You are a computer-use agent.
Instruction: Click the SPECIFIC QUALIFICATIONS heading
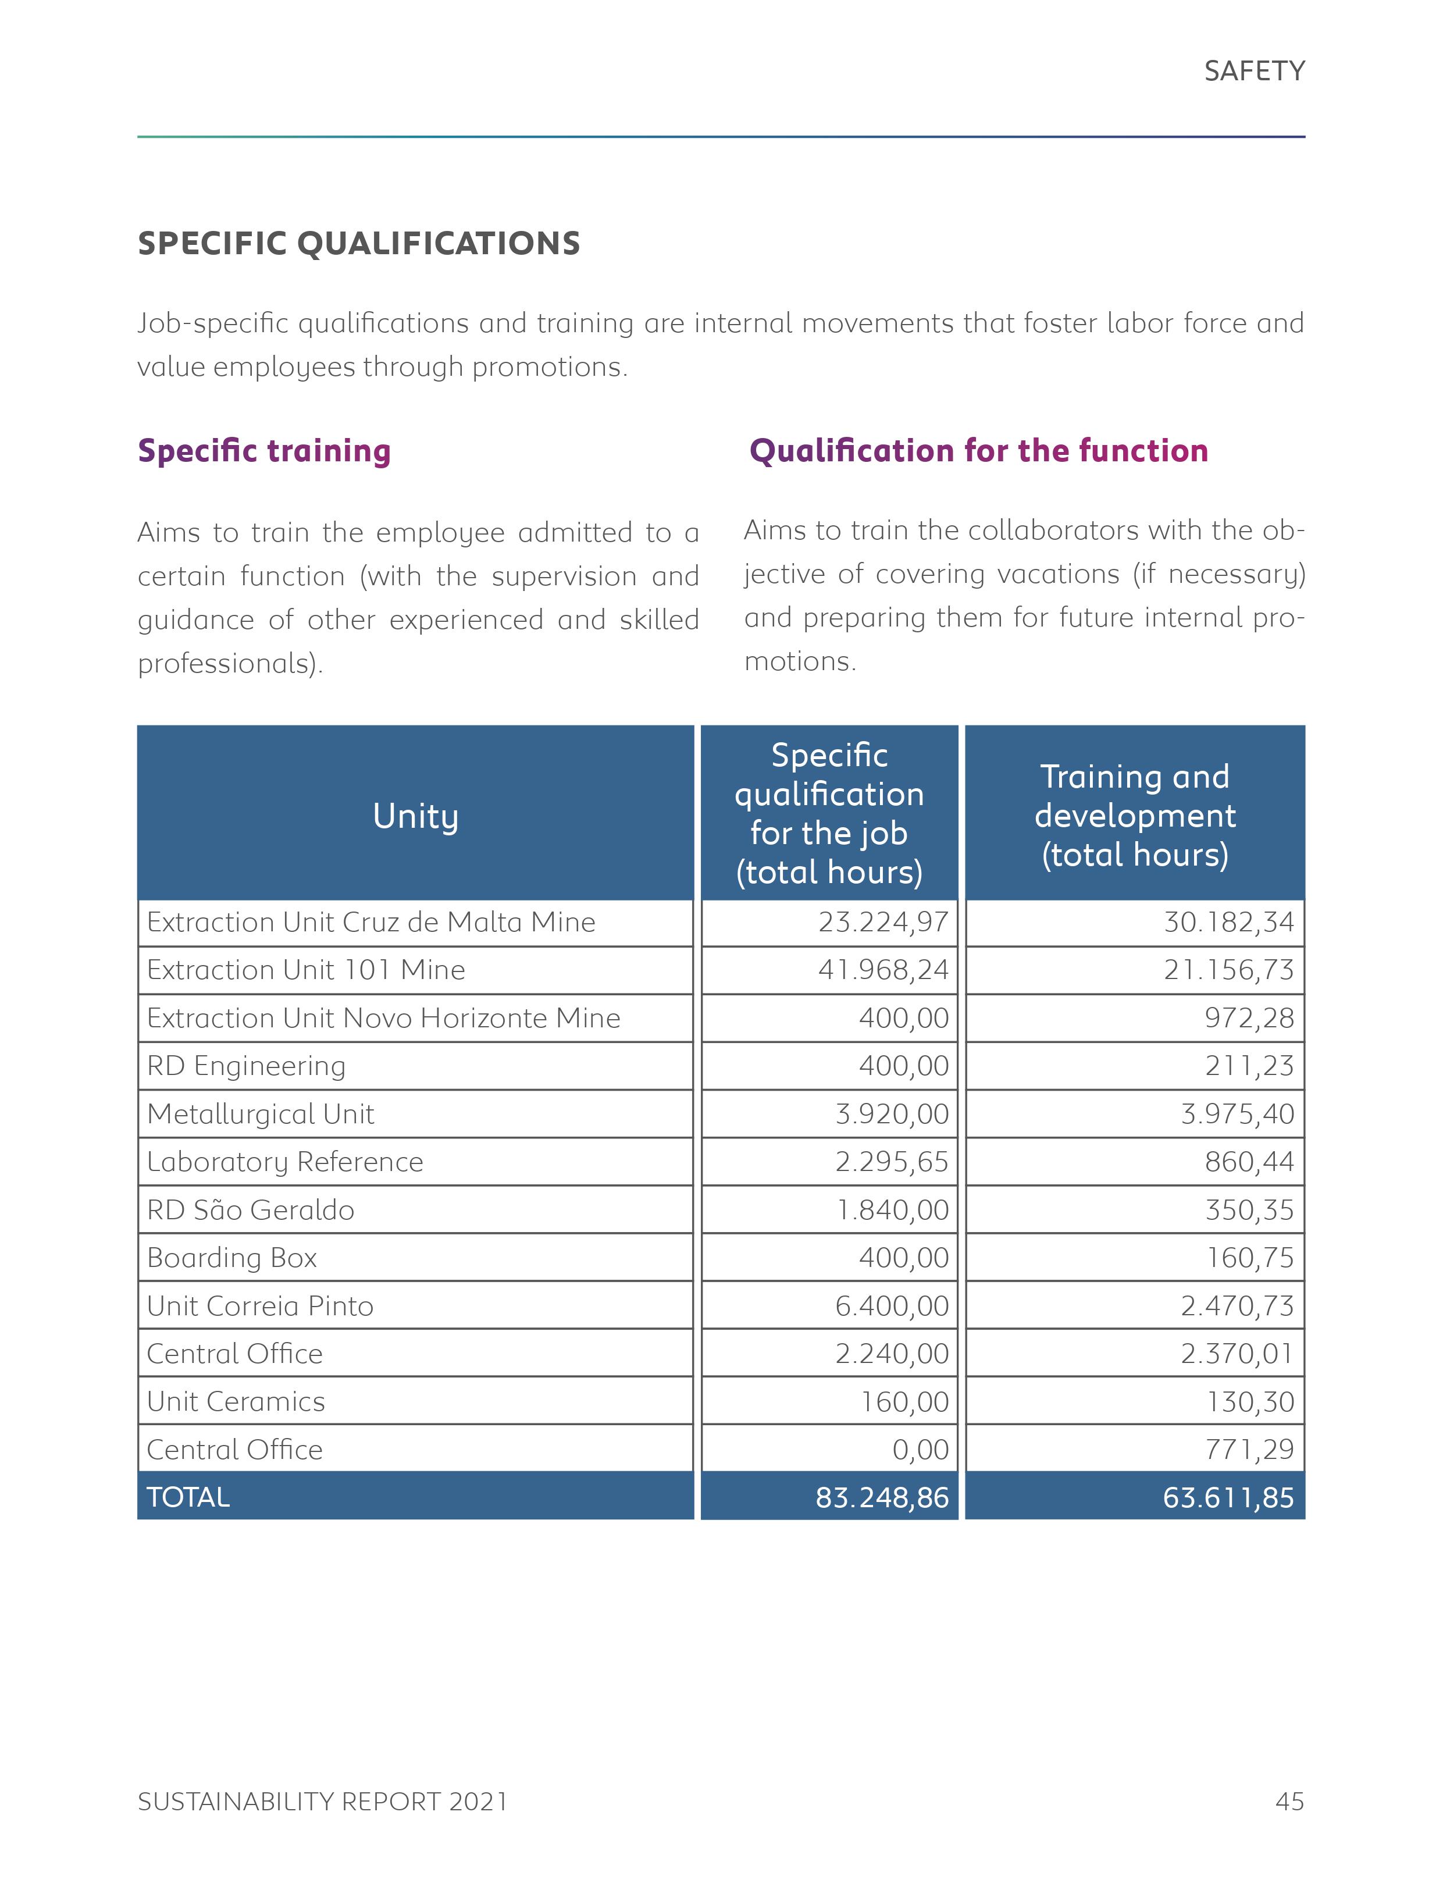point(358,243)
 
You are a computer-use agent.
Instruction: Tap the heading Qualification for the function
point(978,450)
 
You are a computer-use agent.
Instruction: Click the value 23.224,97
point(882,922)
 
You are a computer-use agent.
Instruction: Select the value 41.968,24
point(882,970)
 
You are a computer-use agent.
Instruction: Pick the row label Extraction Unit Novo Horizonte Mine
point(383,1018)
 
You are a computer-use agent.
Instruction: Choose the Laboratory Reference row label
point(284,1162)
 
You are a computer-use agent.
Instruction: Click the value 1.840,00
point(892,1211)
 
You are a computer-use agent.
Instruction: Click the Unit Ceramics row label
point(236,1402)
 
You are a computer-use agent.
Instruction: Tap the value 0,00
point(920,1450)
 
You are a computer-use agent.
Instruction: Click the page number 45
point(1289,1802)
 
